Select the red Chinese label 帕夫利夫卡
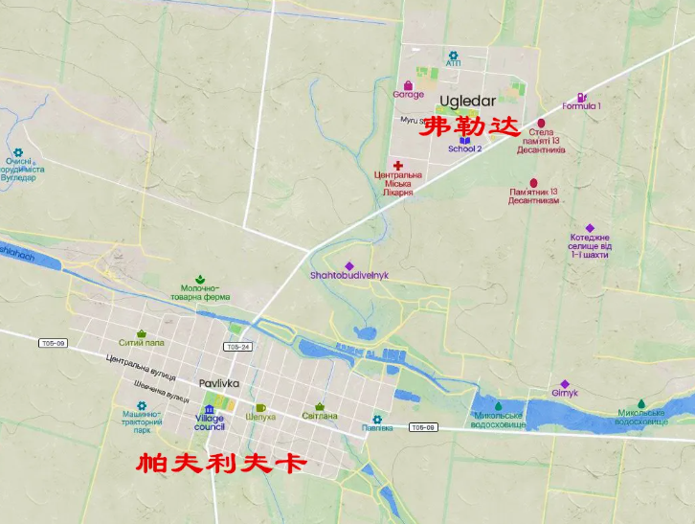click(x=222, y=463)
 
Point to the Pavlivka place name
click(x=219, y=383)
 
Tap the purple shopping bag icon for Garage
click(x=409, y=84)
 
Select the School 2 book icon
click(x=465, y=139)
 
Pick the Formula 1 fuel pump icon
click(x=581, y=96)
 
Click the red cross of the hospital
click(x=397, y=166)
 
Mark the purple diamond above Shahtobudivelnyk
click(x=349, y=265)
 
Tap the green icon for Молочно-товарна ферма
click(x=200, y=277)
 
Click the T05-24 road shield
click(x=237, y=347)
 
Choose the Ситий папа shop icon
click(x=142, y=333)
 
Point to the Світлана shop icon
click(x=320, y=406)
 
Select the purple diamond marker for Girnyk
click(x=565, y=384)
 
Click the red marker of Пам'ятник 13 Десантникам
click(x=533, y=183)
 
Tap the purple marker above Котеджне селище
click(x=590, y=229)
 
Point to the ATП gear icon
click(x=453, y=55)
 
